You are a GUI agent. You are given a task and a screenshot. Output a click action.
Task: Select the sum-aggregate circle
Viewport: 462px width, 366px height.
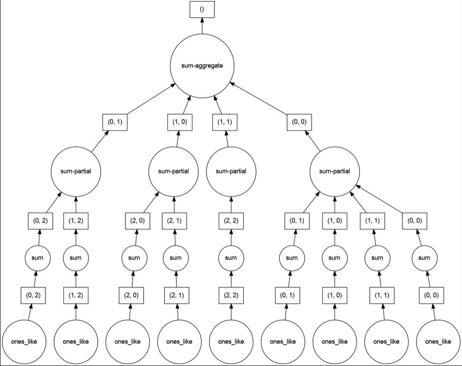(202, 65)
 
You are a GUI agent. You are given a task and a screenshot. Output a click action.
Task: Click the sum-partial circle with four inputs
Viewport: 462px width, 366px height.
(335, 171)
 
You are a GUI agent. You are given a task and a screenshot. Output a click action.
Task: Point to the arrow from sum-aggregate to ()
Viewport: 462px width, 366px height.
(202, 27)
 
